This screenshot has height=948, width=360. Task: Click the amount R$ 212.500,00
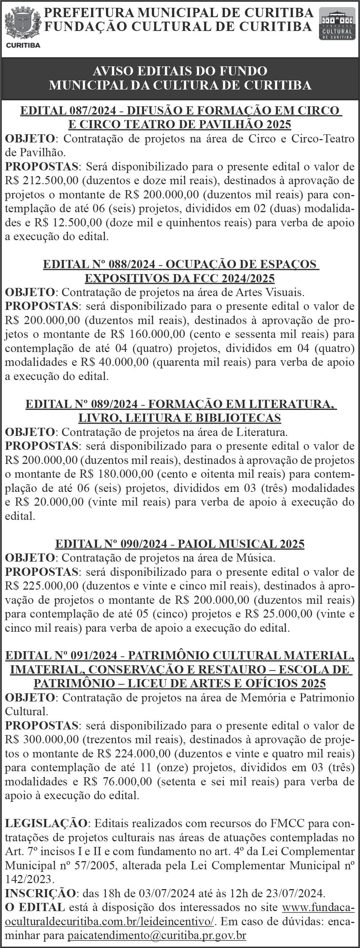(x=41, y=180)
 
